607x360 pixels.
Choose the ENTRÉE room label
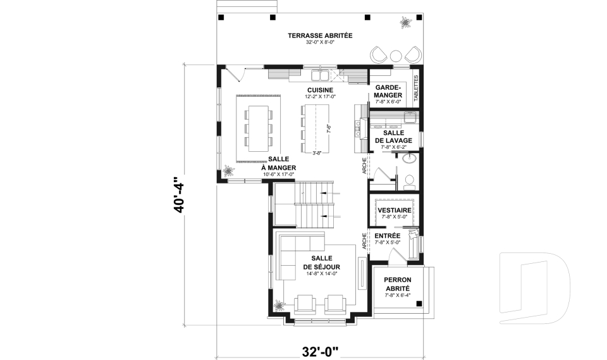click(387, 235)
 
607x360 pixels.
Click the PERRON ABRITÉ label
click(398, 283)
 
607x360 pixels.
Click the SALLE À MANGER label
click(279, 163)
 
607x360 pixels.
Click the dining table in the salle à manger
click(257, 127)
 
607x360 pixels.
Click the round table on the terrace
click(396, 54)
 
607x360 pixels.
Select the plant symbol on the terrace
click(403, 23)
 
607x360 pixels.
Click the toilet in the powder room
click(409, 182)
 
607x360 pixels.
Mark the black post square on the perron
click(419, 304)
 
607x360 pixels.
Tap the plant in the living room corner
click(278, 306)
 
